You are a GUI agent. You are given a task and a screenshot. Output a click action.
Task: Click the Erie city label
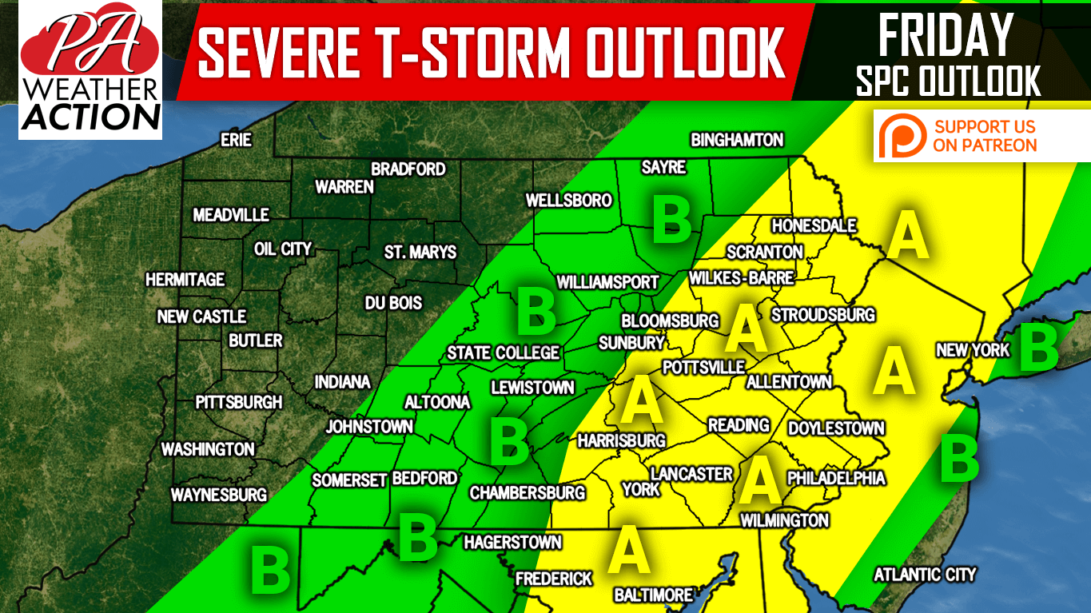point(236,141)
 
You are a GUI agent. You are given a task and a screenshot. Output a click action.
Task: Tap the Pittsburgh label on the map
point(238,402)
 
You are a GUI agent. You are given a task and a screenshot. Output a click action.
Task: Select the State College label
point(503,352)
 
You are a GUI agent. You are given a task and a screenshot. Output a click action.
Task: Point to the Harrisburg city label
point(621,440)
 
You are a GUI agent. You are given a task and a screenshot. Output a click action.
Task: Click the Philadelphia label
point(836,478)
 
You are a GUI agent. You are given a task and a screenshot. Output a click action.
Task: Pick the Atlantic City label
point(925,574)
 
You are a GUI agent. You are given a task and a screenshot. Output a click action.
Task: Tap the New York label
point(973,350)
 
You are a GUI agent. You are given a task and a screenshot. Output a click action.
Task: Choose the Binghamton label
point(737,141)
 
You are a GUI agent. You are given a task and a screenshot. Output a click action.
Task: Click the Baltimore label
point(653,595)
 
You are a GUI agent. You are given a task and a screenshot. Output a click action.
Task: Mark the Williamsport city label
point(607,282)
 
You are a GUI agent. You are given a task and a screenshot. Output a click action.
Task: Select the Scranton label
point(764,252)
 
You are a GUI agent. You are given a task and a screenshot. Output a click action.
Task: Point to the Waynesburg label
point(218,495)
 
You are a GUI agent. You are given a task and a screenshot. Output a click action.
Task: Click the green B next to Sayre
point(671,221)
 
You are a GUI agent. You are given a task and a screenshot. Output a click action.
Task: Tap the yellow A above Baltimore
point(628,551)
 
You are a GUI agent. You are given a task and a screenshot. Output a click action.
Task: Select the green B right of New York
point(1039,348)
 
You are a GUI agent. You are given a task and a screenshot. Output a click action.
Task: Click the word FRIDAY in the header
point(946,36)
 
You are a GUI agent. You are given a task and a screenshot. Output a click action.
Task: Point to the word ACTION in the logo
point(90,117)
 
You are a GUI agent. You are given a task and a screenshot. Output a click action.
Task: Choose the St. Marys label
point(420,253)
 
